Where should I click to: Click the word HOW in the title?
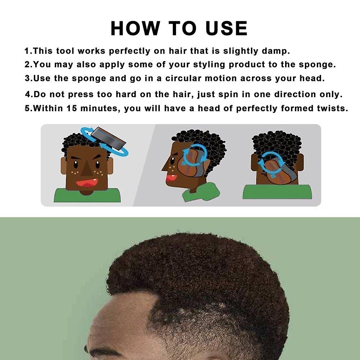[135, 28]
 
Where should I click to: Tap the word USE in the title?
[226, 28]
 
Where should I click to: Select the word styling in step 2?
[209, 65]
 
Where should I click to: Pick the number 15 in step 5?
[72, 108]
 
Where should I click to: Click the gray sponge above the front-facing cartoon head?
[108, 139]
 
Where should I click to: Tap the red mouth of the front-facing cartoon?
[87, 183]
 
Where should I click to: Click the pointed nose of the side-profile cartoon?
[165, 166]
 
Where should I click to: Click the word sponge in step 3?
[89, 79]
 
